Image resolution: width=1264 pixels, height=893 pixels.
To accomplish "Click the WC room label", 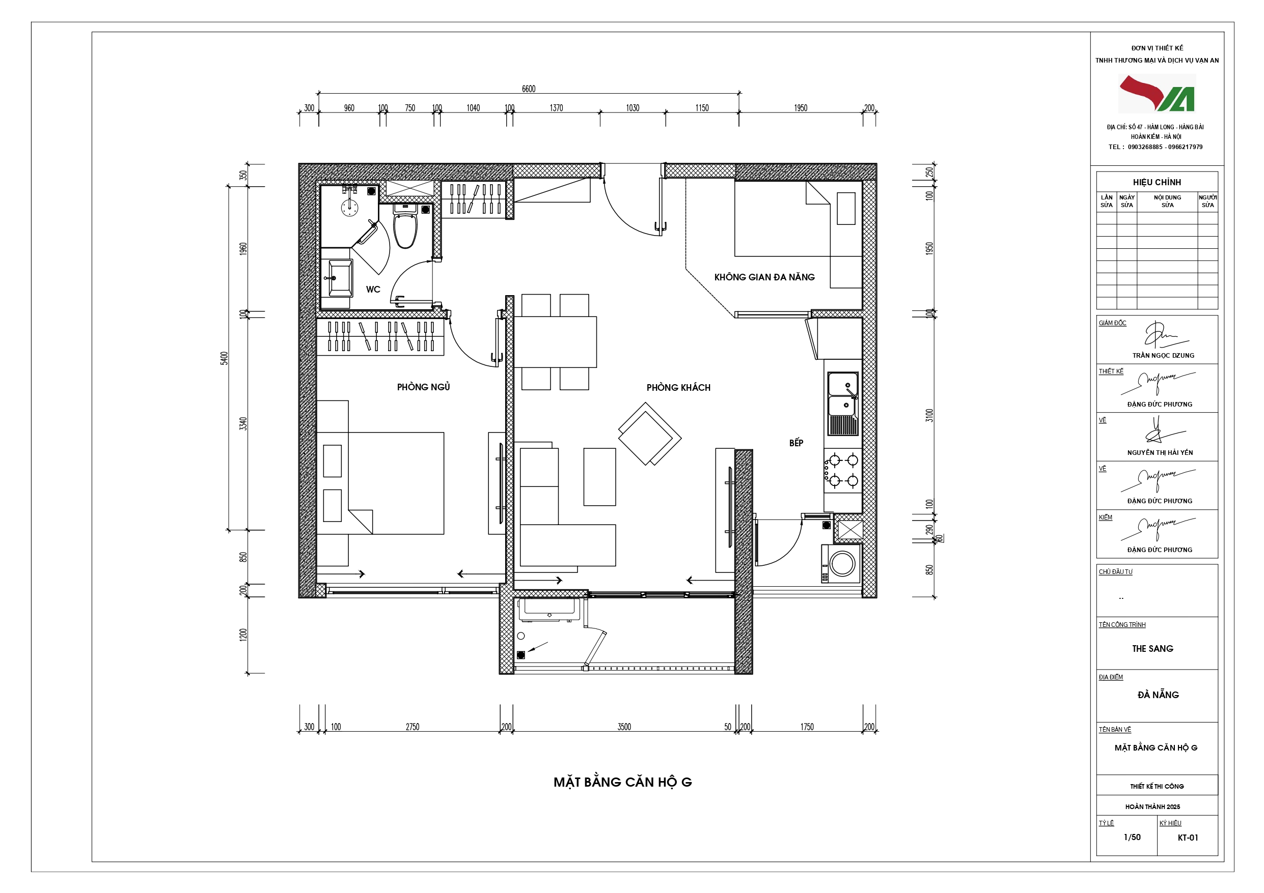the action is tap(373, 290).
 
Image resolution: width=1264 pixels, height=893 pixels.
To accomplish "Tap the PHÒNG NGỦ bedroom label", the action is tap(423, 387).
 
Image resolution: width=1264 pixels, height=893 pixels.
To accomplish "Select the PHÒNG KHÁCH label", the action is tap(678, 387).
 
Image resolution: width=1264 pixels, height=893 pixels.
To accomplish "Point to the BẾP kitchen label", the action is tap(796, 443).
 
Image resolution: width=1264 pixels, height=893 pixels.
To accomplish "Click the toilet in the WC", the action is tap(405, 227).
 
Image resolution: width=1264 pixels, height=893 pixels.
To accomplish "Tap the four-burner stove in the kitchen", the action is tap(842, 471).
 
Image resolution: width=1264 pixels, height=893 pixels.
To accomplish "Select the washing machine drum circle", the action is tap(842, 563).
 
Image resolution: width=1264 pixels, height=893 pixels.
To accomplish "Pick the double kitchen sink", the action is tap(843, 404).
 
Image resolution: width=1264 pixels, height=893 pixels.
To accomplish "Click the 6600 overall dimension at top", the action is tap(529, 89).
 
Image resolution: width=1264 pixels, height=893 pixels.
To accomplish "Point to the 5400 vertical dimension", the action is tap(224, 358).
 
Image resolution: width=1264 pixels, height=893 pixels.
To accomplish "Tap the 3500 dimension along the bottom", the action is tap(624, 727).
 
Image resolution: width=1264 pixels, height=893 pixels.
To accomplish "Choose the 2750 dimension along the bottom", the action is tap(413, 727).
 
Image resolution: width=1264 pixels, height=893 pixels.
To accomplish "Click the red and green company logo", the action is tap(1157, 94).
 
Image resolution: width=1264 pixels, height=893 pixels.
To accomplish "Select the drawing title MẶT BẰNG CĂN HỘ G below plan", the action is tap(623, 782).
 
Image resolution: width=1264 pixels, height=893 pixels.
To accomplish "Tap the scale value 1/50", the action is tap(1132, 837).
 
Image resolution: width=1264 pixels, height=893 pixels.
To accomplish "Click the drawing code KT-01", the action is tap(1188, 838).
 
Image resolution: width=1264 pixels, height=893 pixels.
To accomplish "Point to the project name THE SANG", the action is tap(1152, 649).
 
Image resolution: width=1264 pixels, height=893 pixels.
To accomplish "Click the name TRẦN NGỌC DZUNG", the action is tap(1163, 356).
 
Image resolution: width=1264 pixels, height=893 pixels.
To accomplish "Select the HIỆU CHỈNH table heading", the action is tap(1157, 182).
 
